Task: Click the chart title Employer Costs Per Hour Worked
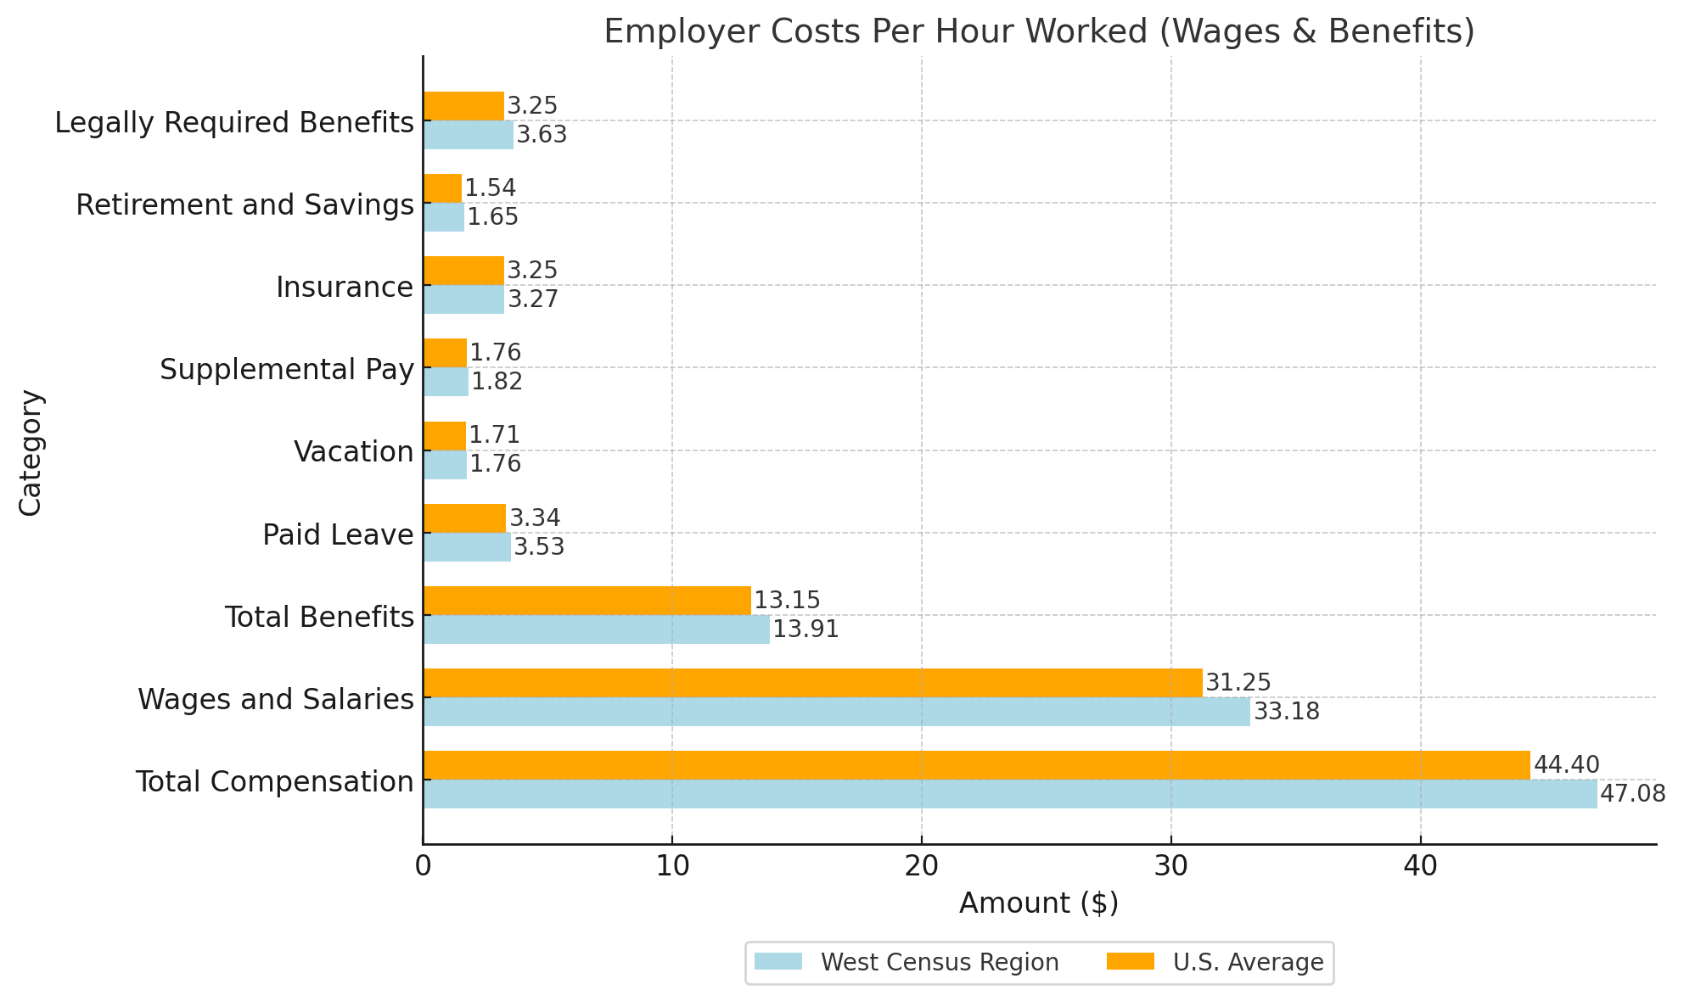(x=1039, y=32)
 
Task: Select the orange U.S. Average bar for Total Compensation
(x=976, y=765)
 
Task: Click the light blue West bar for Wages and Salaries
(x=836, y=712)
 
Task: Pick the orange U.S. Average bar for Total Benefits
(x=587, y=601)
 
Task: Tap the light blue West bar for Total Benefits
(x=596, y=629)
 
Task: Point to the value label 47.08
(x=1632, y=794)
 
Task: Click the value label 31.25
(x=1238, y=683)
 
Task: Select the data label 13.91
(x=806, y=629)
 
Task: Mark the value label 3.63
(x=542, y=135)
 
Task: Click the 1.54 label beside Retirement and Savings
(x=490, y=188)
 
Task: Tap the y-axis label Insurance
(x=345, y=288)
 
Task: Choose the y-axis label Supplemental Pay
(x=287, y=370)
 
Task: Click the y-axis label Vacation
(x=354, y=452)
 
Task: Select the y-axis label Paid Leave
(x=338, y=535)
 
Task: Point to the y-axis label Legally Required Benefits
(x=234, y=123)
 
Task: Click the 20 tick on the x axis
(x=921, y=867)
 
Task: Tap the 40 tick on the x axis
(x=1420, y=867)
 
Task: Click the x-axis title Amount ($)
(x=1039, y=903)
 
